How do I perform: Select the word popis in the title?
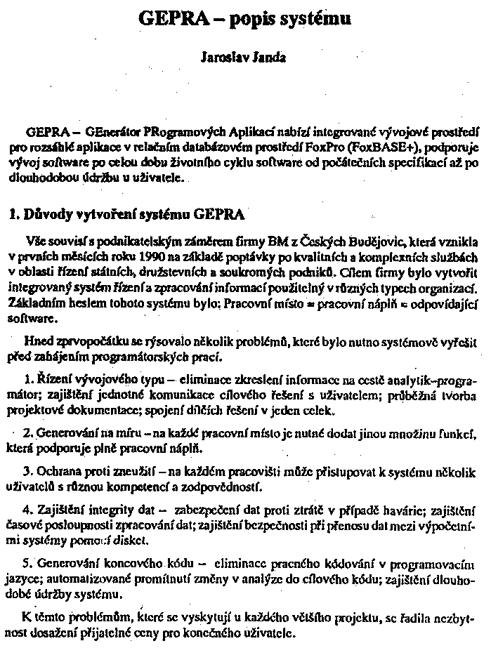coord(256,20)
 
